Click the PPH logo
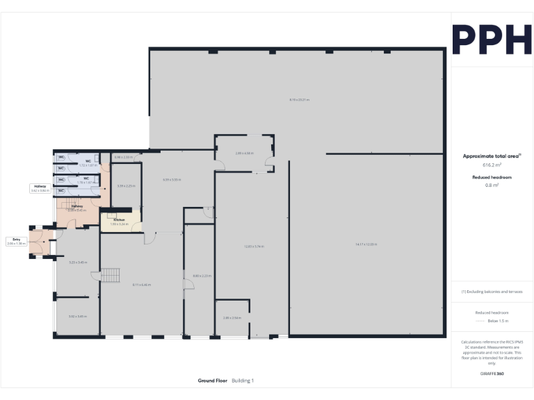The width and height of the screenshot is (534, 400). point(492,40)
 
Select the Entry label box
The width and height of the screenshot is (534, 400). point(16,242)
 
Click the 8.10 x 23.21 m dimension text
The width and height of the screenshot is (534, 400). point(300,100)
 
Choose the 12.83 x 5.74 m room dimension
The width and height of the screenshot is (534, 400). point(254,247)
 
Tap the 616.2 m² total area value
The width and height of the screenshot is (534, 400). point(492,165)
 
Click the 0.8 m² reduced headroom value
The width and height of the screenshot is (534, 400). point(492,185)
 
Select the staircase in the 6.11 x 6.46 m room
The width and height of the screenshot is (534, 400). point(111,275)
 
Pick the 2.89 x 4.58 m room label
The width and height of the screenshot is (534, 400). point(244,153)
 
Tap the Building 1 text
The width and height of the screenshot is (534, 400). point(243,381)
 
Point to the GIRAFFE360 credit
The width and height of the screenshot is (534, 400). point(492,374)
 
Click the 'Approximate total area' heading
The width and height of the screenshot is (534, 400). point(492,156)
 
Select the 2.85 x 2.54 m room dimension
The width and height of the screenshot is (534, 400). point(232,317)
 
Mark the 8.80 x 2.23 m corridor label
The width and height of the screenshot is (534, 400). point(202,276)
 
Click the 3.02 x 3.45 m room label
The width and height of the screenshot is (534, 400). point(77,316)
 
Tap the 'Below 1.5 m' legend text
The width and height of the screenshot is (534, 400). point(497,321)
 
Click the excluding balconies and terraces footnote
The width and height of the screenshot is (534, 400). point(492,292)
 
